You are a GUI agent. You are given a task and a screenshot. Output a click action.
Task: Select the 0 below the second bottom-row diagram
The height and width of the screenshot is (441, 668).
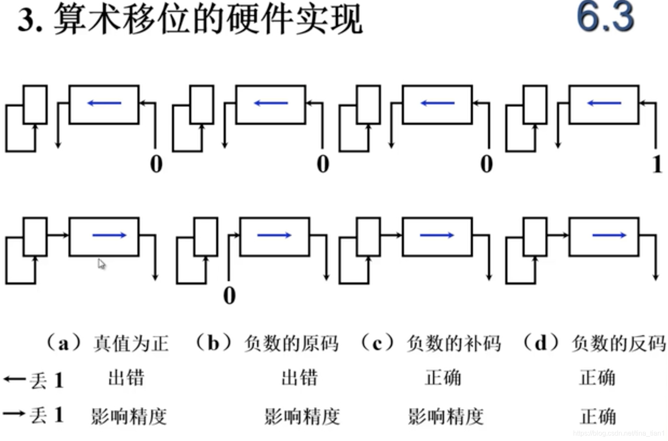click(x=229, y=295)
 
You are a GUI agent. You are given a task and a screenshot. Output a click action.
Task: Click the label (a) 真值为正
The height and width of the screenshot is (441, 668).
click(x=107, y=343)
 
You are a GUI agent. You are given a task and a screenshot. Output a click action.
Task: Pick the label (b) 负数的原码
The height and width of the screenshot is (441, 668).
click(x=266, y=343)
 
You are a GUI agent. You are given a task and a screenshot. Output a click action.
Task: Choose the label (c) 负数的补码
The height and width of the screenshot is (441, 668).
click(x=430, y=343)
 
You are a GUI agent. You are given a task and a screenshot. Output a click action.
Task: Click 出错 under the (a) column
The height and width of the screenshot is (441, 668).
click(x=126, y=378)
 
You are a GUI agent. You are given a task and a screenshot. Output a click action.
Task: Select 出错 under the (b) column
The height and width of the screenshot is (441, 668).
click(x=299, y=378)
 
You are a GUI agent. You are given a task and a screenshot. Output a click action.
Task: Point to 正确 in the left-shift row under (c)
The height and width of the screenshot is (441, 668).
click(x=443, y=378)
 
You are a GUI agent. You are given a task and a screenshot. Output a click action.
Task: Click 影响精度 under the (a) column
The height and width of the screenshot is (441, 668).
click(x=128, y=416)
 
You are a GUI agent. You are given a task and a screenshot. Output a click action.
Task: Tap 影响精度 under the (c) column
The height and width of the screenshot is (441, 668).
click(x=446, y=416)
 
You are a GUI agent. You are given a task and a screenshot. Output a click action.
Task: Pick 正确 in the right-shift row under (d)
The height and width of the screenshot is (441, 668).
click(x=598, y=416)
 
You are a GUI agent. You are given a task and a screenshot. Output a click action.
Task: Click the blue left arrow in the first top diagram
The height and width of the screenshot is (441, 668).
click(x=104, y=103)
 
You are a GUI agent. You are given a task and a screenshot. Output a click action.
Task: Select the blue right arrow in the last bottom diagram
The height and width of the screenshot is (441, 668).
click(x=609, y=235)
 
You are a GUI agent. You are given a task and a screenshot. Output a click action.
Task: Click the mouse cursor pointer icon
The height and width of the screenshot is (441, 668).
click(x=101, y=264)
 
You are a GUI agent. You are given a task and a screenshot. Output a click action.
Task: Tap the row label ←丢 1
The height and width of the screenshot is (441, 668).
click(x=33, y=380)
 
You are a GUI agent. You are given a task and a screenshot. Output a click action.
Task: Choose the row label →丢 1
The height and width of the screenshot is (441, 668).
click(x=33, y=414)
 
